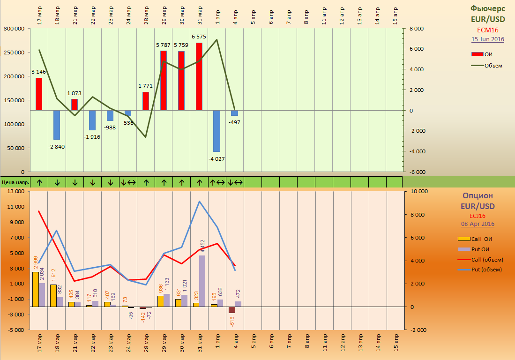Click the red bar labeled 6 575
(199, 76)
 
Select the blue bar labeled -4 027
(217, 131)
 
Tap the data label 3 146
(39, 72)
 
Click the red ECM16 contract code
(488, 30)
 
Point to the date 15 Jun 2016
(488, 39)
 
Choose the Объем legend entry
(487, 66)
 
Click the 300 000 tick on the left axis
(14, 29)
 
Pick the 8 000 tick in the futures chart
(417, 29)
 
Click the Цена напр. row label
(15, 182)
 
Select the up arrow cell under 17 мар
(39, 182)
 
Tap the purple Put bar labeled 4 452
(202, 281)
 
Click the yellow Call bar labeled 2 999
(36, 289)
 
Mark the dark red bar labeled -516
(232, 310)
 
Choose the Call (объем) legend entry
(480, 260)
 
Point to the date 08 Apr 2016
(478, 224)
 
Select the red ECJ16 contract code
(478, 216)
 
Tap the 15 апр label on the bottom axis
(396, 343)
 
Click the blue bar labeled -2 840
(57, 125)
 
